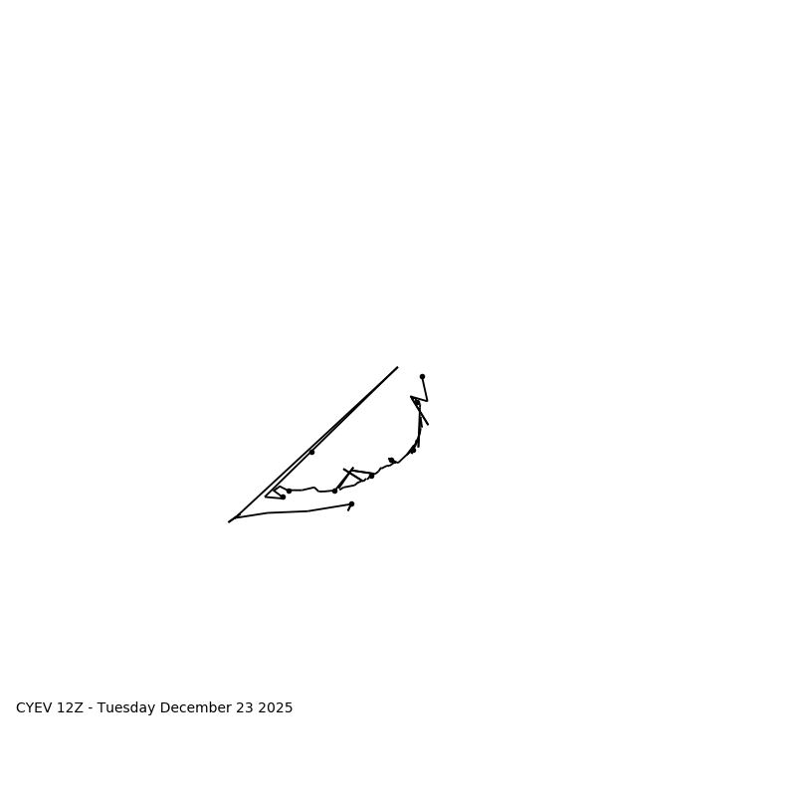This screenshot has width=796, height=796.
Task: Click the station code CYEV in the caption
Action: (x=34, y=708)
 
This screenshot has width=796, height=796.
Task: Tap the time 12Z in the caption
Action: (x=71, y=708)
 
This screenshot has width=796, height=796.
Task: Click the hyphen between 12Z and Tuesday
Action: (x=91, y=708)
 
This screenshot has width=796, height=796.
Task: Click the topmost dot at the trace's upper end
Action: (x=422, y=376)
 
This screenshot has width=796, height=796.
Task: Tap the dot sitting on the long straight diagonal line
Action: (x=311, y=452)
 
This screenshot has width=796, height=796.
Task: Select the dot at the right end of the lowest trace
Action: (x=351, y=503)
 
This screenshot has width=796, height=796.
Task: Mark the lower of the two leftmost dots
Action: (x=283, y=497)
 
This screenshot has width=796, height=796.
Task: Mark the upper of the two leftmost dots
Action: (x=289, y=491)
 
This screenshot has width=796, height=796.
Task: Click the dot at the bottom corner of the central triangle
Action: (x=334, y=491)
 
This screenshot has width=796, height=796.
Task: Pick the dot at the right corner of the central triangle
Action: (x=371, y=476)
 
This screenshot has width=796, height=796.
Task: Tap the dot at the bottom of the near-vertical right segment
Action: (x=413, y=451)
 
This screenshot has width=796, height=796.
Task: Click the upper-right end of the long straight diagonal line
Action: (x=397, y=367)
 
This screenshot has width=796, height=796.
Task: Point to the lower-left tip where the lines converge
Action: (x=229, y=521)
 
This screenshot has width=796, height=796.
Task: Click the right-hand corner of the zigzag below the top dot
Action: (x=427, y=400)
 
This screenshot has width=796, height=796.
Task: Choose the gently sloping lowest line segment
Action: (x=289, y=511)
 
